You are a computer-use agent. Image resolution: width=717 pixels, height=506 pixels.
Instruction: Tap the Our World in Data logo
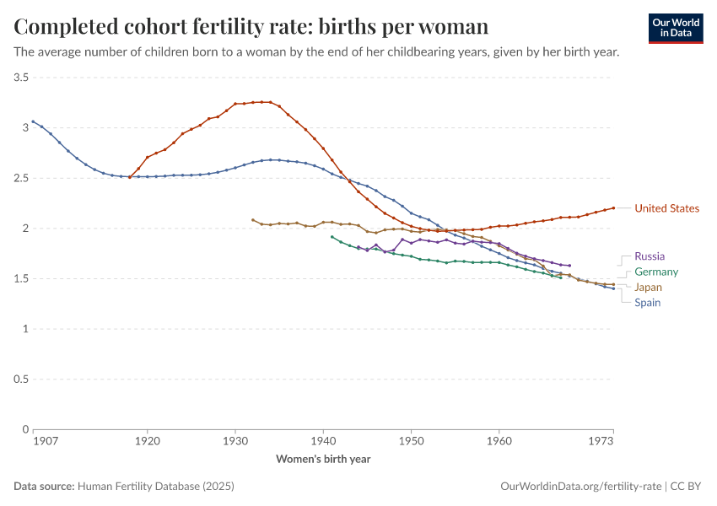[676, 28]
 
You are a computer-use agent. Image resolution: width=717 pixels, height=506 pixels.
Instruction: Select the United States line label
[666, 208]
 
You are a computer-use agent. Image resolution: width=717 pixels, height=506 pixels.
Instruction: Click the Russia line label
[650, 256]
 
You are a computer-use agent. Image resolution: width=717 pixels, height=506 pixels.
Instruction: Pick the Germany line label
[656, 272]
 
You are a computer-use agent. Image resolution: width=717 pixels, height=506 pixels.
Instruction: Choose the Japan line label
[648, 287]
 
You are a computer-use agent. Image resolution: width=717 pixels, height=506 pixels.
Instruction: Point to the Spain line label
[647, 303]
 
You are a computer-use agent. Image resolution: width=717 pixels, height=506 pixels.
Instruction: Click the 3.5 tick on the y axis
[22, 78]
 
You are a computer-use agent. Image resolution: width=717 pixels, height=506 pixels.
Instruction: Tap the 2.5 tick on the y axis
[22, 178]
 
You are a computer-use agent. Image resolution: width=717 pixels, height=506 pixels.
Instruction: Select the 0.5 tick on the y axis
[22, 379]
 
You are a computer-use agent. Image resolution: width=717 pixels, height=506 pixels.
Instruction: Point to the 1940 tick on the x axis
[323, 441]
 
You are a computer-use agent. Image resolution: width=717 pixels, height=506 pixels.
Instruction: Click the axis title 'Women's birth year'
[323, 460]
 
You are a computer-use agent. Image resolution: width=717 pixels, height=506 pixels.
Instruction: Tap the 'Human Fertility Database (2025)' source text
[155, 487]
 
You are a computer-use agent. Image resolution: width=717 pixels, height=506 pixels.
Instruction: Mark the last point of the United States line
[613, 207]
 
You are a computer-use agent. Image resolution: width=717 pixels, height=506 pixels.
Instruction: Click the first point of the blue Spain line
[34, 121]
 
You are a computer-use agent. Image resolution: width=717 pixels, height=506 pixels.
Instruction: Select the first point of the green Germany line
[332, 236]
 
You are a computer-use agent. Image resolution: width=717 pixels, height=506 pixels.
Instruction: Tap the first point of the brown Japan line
[253, 220]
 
